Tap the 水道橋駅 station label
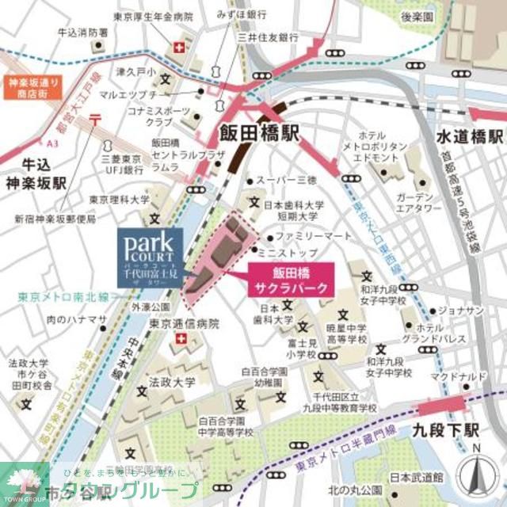[470, 136]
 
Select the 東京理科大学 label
[119, 200]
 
